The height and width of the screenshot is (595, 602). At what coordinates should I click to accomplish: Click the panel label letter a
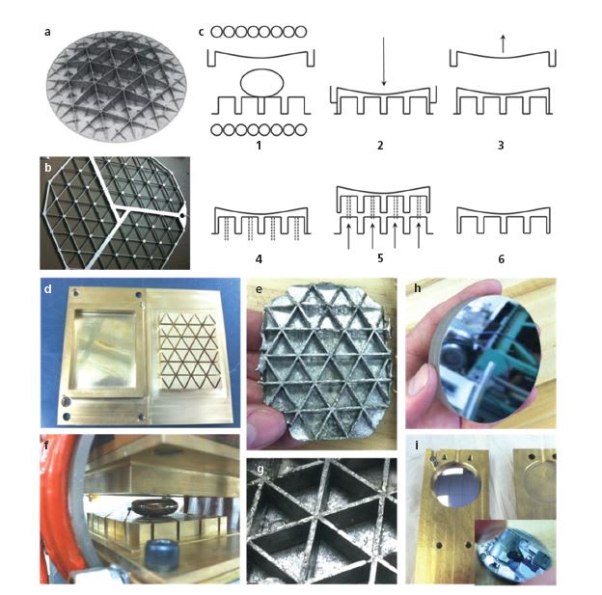coord(47,32)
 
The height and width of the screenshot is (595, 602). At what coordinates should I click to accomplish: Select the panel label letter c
coord(201,32)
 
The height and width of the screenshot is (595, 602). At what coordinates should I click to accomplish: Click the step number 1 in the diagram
coord(259,147)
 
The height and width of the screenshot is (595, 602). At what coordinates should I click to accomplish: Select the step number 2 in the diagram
coord(381,147)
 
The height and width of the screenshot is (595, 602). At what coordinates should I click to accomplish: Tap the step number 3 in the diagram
coord(501,147)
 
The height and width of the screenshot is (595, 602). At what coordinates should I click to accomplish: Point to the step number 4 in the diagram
coord(259,258)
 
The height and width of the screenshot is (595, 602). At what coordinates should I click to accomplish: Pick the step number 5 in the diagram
coord(381,258)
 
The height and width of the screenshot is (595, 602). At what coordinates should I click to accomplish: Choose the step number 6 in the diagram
coord(501,258)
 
